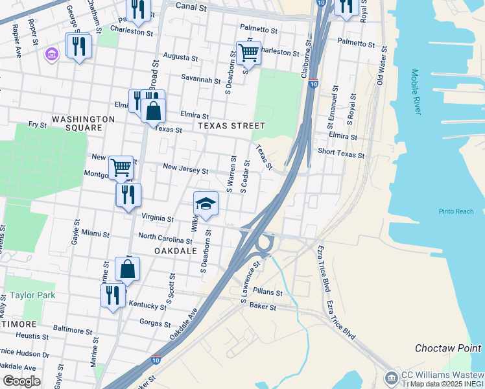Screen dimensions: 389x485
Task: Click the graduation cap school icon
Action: (x=206, y=204)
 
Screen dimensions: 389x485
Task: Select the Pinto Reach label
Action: (x=456, y=211)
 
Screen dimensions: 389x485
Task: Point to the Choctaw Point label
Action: (x=448, y=348)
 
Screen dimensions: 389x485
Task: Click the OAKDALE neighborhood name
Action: (x=175, y=250)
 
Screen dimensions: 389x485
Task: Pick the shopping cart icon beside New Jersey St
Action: (x=121, y=167)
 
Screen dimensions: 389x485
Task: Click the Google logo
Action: (x=21, y=381)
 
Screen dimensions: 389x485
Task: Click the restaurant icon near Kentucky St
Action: (x=113, y=295)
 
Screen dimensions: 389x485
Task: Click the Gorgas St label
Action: (x=155, y=323)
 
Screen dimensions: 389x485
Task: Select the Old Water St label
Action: (x=381, y=65)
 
